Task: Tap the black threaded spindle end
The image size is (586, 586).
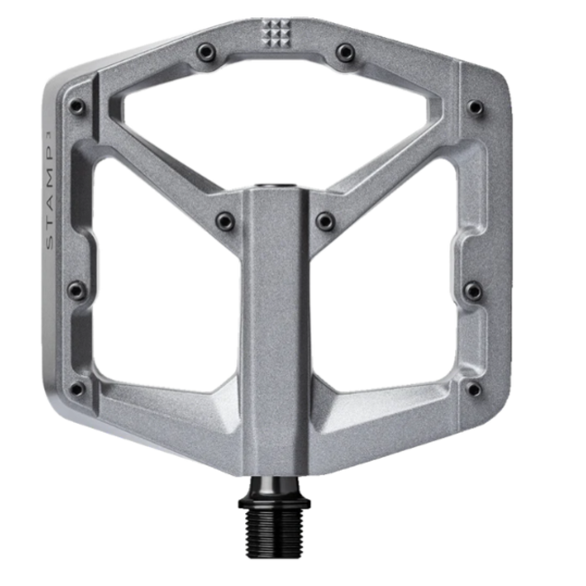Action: point(276,525)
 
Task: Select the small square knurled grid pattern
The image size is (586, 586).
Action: point(276,34)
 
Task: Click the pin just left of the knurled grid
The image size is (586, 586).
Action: point(207,53)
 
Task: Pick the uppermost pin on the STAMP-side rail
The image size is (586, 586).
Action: point(78,106)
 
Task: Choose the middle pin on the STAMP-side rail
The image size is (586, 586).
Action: point(78,290)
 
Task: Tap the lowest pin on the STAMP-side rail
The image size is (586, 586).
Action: point(78,389)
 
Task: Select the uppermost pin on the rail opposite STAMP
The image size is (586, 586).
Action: point(475,108)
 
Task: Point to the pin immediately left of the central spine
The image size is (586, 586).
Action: point(225,220)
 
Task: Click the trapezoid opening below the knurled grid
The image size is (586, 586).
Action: point(275,117)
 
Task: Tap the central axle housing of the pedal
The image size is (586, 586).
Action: point(276,325)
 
